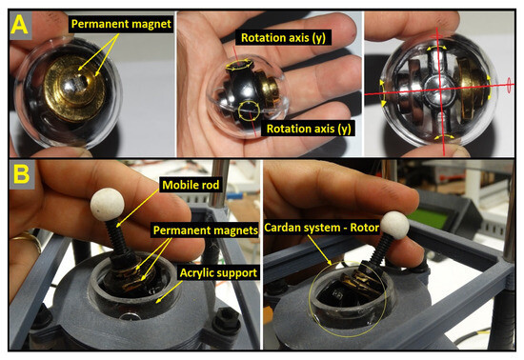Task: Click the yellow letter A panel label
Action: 19,25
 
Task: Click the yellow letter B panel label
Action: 21,174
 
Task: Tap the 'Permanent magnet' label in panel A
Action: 121,24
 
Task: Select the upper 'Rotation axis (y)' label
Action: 283,38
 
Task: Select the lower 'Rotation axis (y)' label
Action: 309,129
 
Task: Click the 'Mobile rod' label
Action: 191,185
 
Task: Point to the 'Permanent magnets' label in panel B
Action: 205,230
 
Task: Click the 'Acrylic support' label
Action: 218,272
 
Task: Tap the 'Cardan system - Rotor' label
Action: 321,228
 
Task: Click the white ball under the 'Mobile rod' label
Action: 107,205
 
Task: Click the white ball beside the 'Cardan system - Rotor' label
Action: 394,226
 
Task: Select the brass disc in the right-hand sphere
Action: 473,90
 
